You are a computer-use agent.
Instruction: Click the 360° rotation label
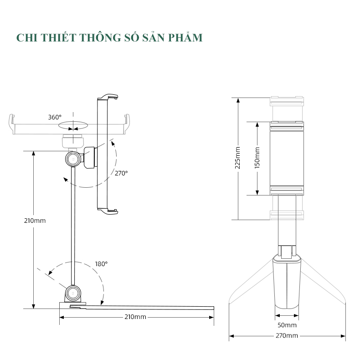55,117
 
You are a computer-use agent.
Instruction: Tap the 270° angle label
121,173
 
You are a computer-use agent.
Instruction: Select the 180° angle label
101,264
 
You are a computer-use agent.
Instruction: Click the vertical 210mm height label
35,221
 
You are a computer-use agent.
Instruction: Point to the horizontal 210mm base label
134,317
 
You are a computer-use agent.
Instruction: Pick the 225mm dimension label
237,158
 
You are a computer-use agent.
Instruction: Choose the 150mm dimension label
257,158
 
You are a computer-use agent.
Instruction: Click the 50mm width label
287,325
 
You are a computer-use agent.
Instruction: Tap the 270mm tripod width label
287,336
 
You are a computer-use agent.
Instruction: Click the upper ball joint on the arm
72,159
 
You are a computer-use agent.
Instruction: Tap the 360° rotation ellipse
73,124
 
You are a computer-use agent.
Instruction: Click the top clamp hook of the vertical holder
109,96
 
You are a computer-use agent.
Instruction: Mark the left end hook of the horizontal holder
12,124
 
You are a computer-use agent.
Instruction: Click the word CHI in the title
26,37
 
